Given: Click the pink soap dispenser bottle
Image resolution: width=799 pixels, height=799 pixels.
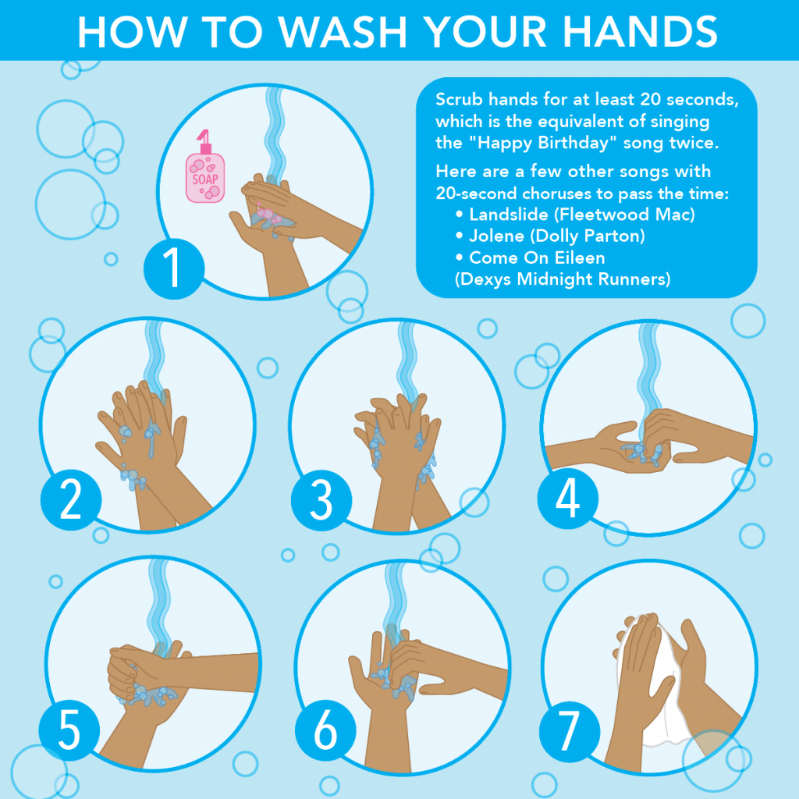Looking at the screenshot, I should click(x=204, y=176).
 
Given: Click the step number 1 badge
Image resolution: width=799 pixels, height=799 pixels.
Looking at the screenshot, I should click(x=173, y=268).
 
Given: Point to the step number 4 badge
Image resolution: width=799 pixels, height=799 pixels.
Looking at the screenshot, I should click(x=568, y=498).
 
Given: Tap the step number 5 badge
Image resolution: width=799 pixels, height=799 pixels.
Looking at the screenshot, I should click(x=69, y=732).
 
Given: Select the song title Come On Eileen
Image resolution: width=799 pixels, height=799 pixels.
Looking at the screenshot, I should click(x=537, y=257).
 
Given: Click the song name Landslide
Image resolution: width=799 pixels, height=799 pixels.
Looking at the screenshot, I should click(x=507, y=214).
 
